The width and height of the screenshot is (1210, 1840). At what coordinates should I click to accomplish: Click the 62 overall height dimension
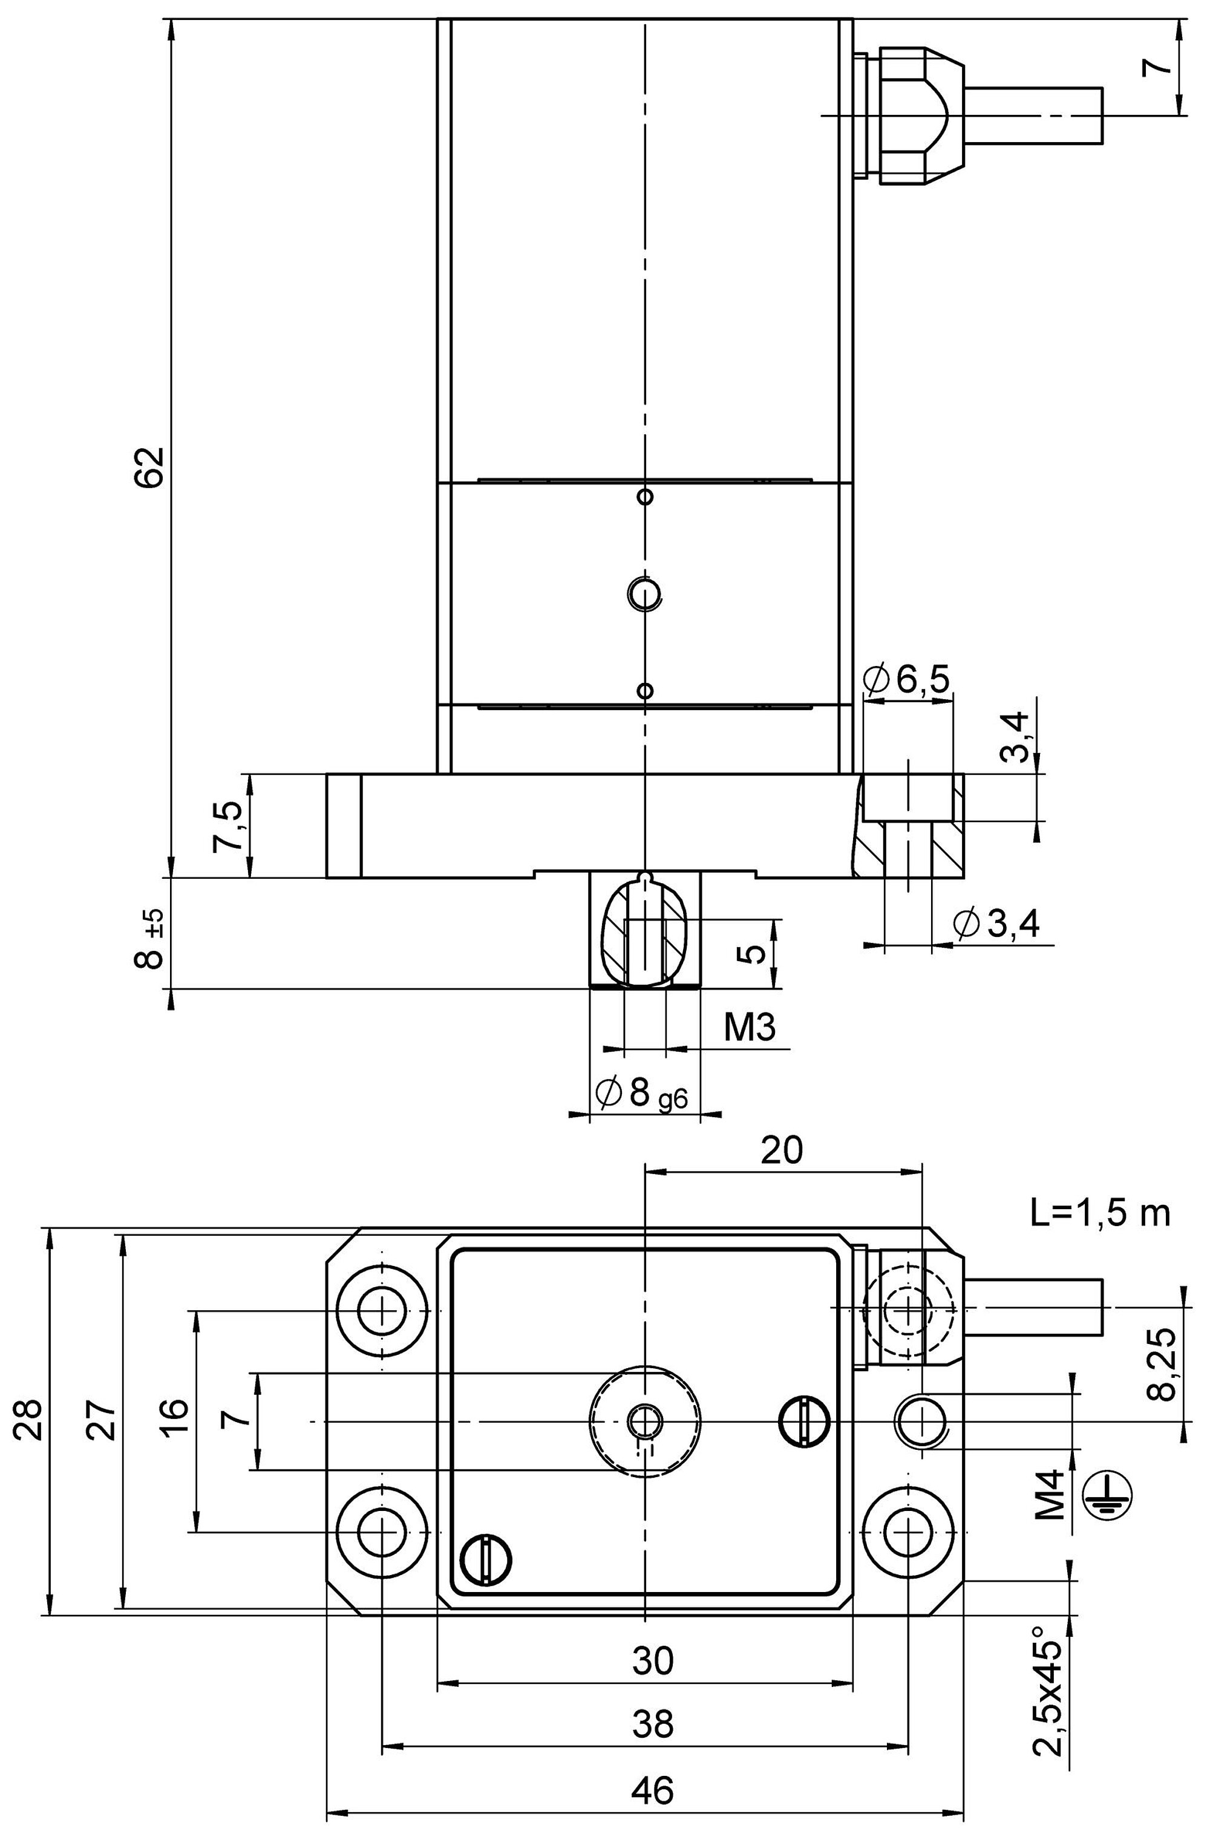(149, 466)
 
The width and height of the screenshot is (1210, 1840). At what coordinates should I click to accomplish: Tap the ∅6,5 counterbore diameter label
(907, 679)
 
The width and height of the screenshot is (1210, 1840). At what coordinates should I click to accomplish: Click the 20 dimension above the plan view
(782, 1150)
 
